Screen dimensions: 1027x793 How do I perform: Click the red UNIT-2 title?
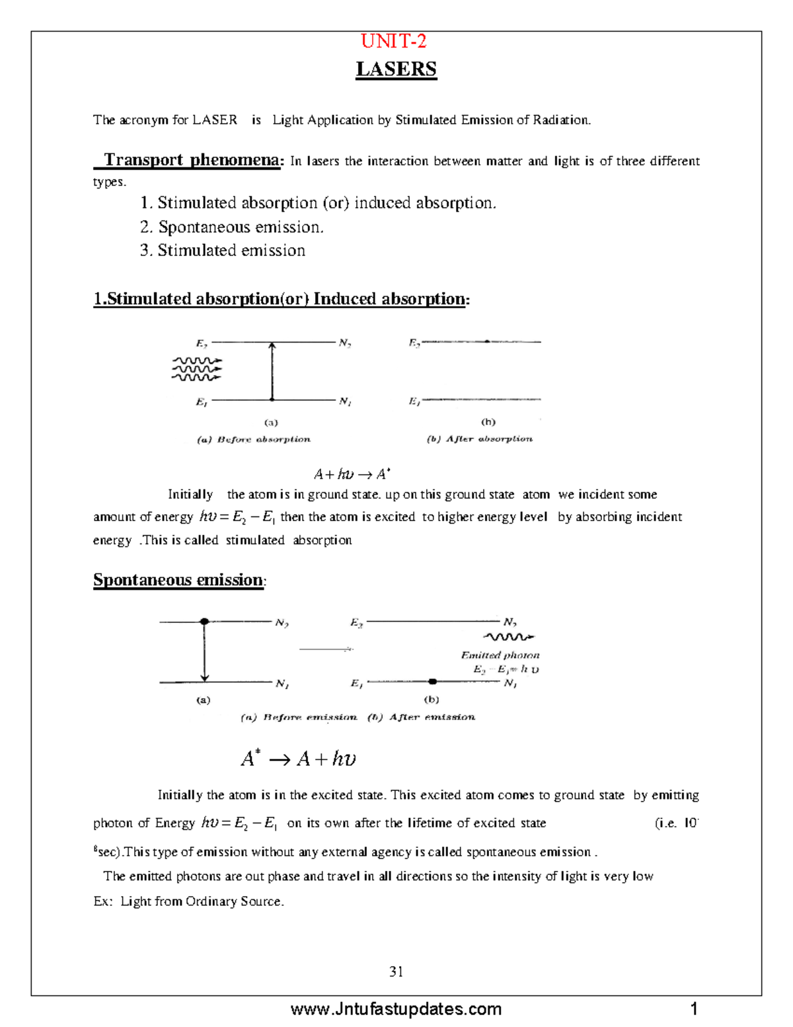(394, 42)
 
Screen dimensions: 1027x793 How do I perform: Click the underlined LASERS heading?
(396, 69)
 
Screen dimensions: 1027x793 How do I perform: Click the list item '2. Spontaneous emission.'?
(231, 227)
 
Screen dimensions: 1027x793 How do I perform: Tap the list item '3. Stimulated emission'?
(223, 251)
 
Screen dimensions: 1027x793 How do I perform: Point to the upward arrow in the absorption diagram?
(272, 370)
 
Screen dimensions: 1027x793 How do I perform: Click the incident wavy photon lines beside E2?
(196, 369)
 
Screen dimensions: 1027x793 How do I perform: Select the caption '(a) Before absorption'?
(254, 439)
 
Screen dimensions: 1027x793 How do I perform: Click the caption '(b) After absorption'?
(480, 438)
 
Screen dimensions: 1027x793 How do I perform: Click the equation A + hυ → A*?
(352, 474)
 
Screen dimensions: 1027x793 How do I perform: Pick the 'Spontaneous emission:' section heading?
(178, 580)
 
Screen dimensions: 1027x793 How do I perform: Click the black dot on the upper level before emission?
(204, 622)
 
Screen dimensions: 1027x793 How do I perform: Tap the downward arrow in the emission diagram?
(205, 652)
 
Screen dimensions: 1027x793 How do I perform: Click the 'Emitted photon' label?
(500, 655)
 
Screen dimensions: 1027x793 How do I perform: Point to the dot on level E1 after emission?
(432, 681)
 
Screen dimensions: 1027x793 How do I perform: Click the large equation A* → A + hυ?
(299, 758)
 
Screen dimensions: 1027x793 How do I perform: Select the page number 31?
(397, 971)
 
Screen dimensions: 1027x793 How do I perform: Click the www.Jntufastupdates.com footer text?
(396, 1009)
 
